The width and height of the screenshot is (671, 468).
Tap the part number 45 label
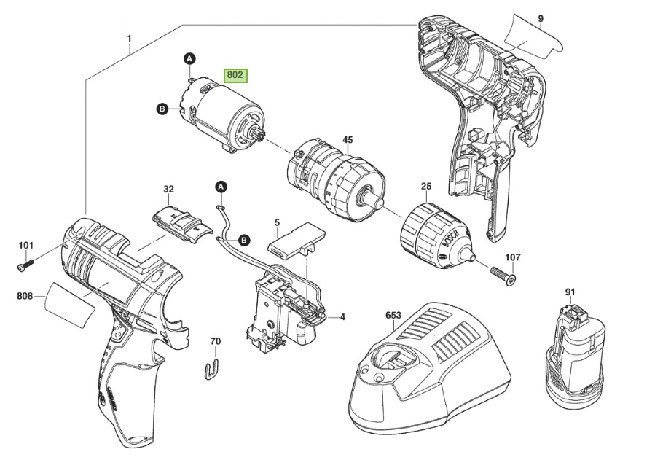pyautogui.click(x=348, y=139)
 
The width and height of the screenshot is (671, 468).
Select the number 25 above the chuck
pyautogui.click(x=426, y=187)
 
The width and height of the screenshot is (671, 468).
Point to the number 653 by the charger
pyautogui.click(x=393, y=316)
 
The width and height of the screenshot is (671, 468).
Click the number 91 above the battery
pyautogui.click(x=570, y=292)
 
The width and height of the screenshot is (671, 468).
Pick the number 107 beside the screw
pyautogui.click(x=513, y=257)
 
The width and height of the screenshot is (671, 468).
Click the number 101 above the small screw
pyautogui.click(x=26, y=245)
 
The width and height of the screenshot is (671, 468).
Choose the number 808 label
pyautogui.click(x=25, y=296)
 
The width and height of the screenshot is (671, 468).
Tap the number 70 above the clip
pyautogui.click(x=215, y=341)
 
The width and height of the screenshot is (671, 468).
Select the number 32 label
pyautogui.click(x=169, y=190)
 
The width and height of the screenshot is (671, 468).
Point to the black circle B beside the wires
pyautogui.click(x=244, y=239)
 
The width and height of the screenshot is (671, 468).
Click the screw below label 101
pyautogui.click(x=25, y=265)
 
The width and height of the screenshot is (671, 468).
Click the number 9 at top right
pyautogui.click(x=540, y=17)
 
